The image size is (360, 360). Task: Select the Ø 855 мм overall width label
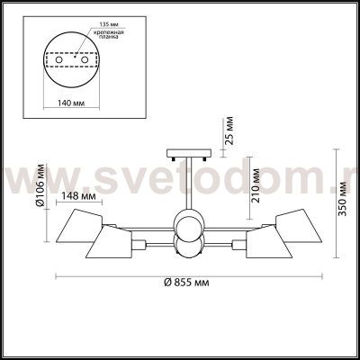191,283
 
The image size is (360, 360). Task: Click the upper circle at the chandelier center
189,225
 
